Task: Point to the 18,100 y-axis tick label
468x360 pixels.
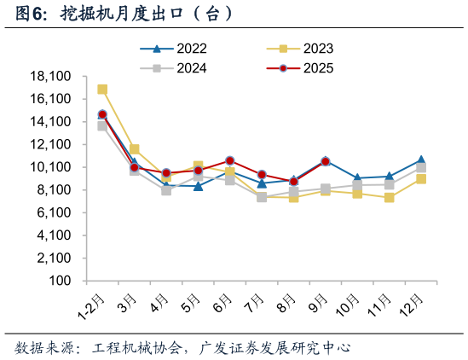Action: pyautogui.click(x=49, y=77)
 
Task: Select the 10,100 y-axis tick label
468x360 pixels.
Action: pyautogui.click(x=49, y=167)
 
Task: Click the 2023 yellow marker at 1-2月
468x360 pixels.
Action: pyautogui.click(x=102, y=90)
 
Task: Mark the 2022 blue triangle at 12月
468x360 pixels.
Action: pyautogui.click(x=421, y=160)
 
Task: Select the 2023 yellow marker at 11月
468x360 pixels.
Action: pyautogui.click(x=389, y=198)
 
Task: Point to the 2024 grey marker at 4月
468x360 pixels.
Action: pyautogui.click(x=166, y=190)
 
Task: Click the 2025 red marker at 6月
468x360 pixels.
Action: pyautogui.click(x=230, y=160)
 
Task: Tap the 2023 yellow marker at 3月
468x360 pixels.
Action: pyautogui.click(x=135, y=149)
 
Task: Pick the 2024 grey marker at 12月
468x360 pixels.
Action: pyautogui.click(x=421, y=168)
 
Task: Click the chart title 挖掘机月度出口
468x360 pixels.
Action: pyautogui.click(x=119, y=15)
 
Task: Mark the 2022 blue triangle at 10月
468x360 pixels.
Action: pyautogui.click(x=357, y=178)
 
